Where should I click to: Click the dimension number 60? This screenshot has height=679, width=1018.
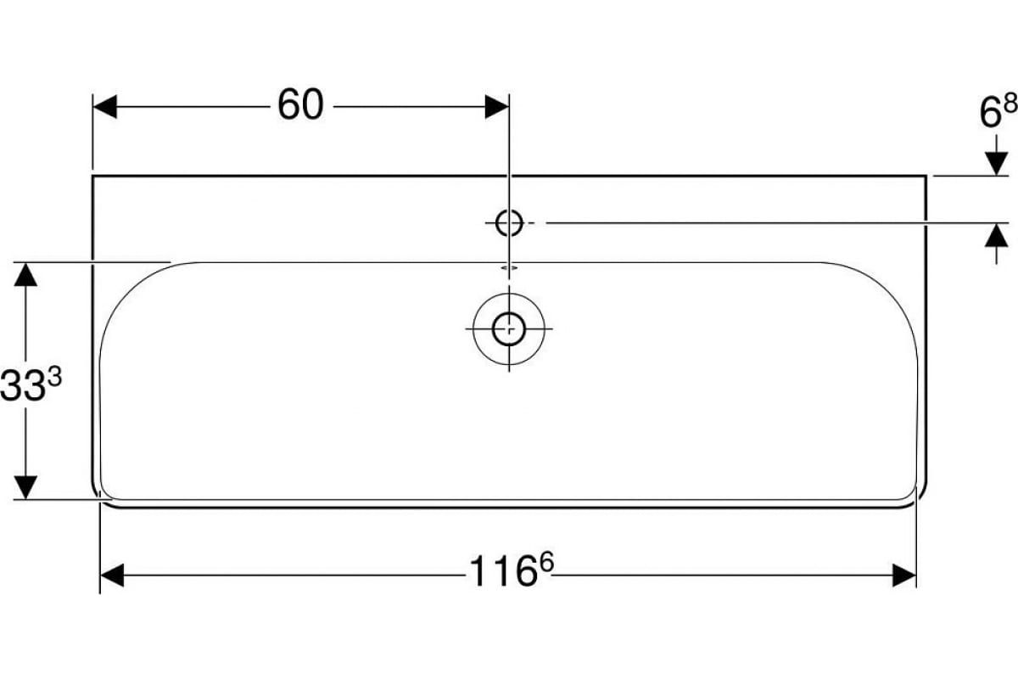(300, 106)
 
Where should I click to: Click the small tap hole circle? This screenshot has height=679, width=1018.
(508, 222)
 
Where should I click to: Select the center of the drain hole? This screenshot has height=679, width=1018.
(508, 328)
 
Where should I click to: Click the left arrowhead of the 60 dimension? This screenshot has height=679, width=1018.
(104, 107)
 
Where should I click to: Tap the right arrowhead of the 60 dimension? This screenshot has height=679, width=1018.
(497, 107)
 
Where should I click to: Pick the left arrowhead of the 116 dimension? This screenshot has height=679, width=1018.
(112, 575)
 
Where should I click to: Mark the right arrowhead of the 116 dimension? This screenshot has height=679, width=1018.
(905, 575)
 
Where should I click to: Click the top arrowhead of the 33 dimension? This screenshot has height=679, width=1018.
(26, 273)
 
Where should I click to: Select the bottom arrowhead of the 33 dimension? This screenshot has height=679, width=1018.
(26, 488)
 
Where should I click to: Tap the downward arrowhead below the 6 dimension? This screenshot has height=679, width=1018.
(995, 165)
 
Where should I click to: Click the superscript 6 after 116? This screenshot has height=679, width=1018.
(546, 563)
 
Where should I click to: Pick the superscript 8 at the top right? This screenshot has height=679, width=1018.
(1009, 104)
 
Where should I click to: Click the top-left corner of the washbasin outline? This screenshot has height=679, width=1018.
(92, 176)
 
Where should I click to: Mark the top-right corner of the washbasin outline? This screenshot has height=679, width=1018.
(926, 176)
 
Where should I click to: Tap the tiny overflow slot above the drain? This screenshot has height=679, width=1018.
(508, 267)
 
